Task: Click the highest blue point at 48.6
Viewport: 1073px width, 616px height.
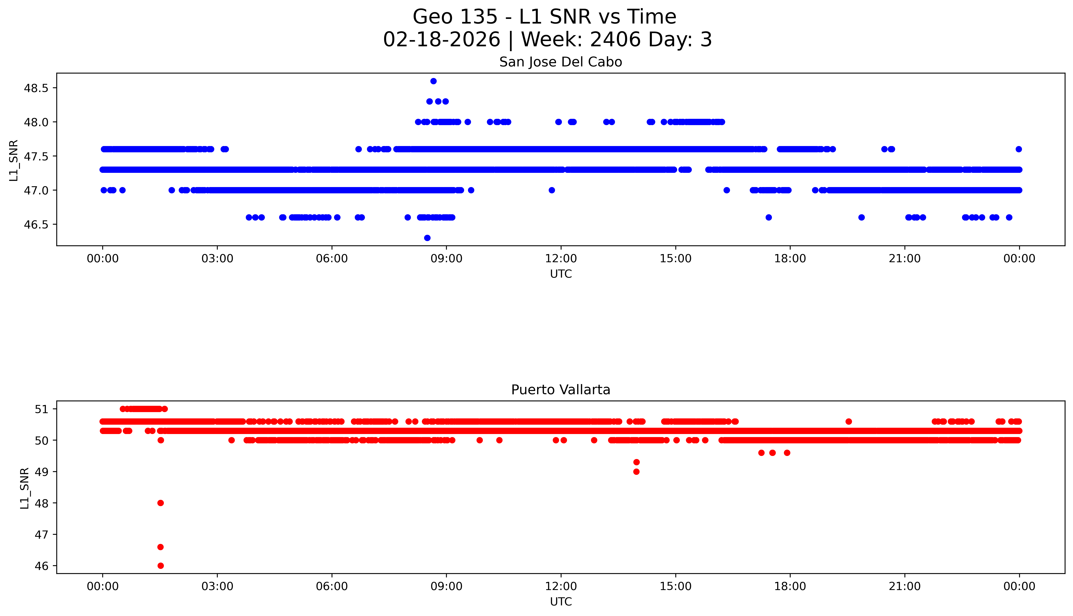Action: [x=433, y=81]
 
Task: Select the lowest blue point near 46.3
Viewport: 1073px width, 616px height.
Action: [x=427, y=238]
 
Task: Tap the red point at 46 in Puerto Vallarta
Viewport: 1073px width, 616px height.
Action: [x=160, y=566]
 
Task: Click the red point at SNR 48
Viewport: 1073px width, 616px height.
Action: [x=160, y=503]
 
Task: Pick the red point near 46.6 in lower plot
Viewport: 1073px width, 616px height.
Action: [x=160, y=547]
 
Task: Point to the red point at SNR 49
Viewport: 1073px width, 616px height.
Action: [x=636, y=472]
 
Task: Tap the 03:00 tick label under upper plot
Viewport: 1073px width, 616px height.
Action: [x=217, y=259]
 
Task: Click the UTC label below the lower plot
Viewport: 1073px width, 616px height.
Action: [x=561, y=602]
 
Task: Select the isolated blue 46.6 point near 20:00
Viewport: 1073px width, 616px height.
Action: [x=861, y=218]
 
